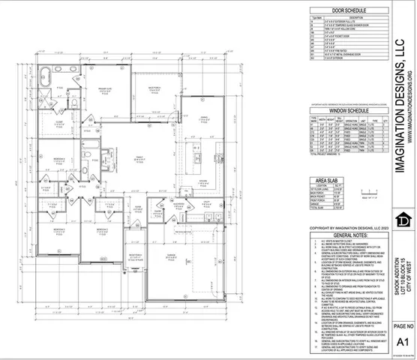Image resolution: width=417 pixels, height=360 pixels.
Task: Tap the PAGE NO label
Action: point(400,327)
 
